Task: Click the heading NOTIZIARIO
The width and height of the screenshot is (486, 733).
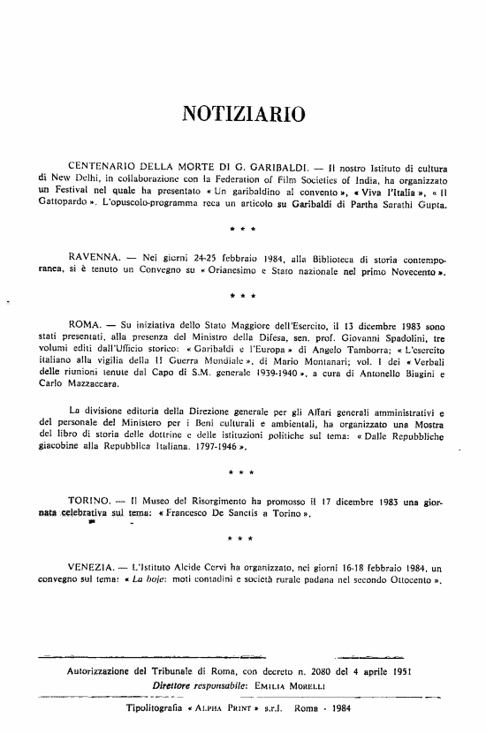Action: pyautogui.click(x=243, y=113)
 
